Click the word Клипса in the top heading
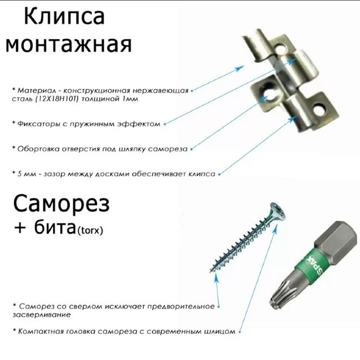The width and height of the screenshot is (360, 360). pyautogui.click(x=64, y=17)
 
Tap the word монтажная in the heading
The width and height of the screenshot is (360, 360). pyautogui.click(x=69, y=44)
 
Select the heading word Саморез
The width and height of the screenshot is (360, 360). pyautogui.click(x=61, y=205)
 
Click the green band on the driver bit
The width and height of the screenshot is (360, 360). pyautogui.click(x=315, y=264)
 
